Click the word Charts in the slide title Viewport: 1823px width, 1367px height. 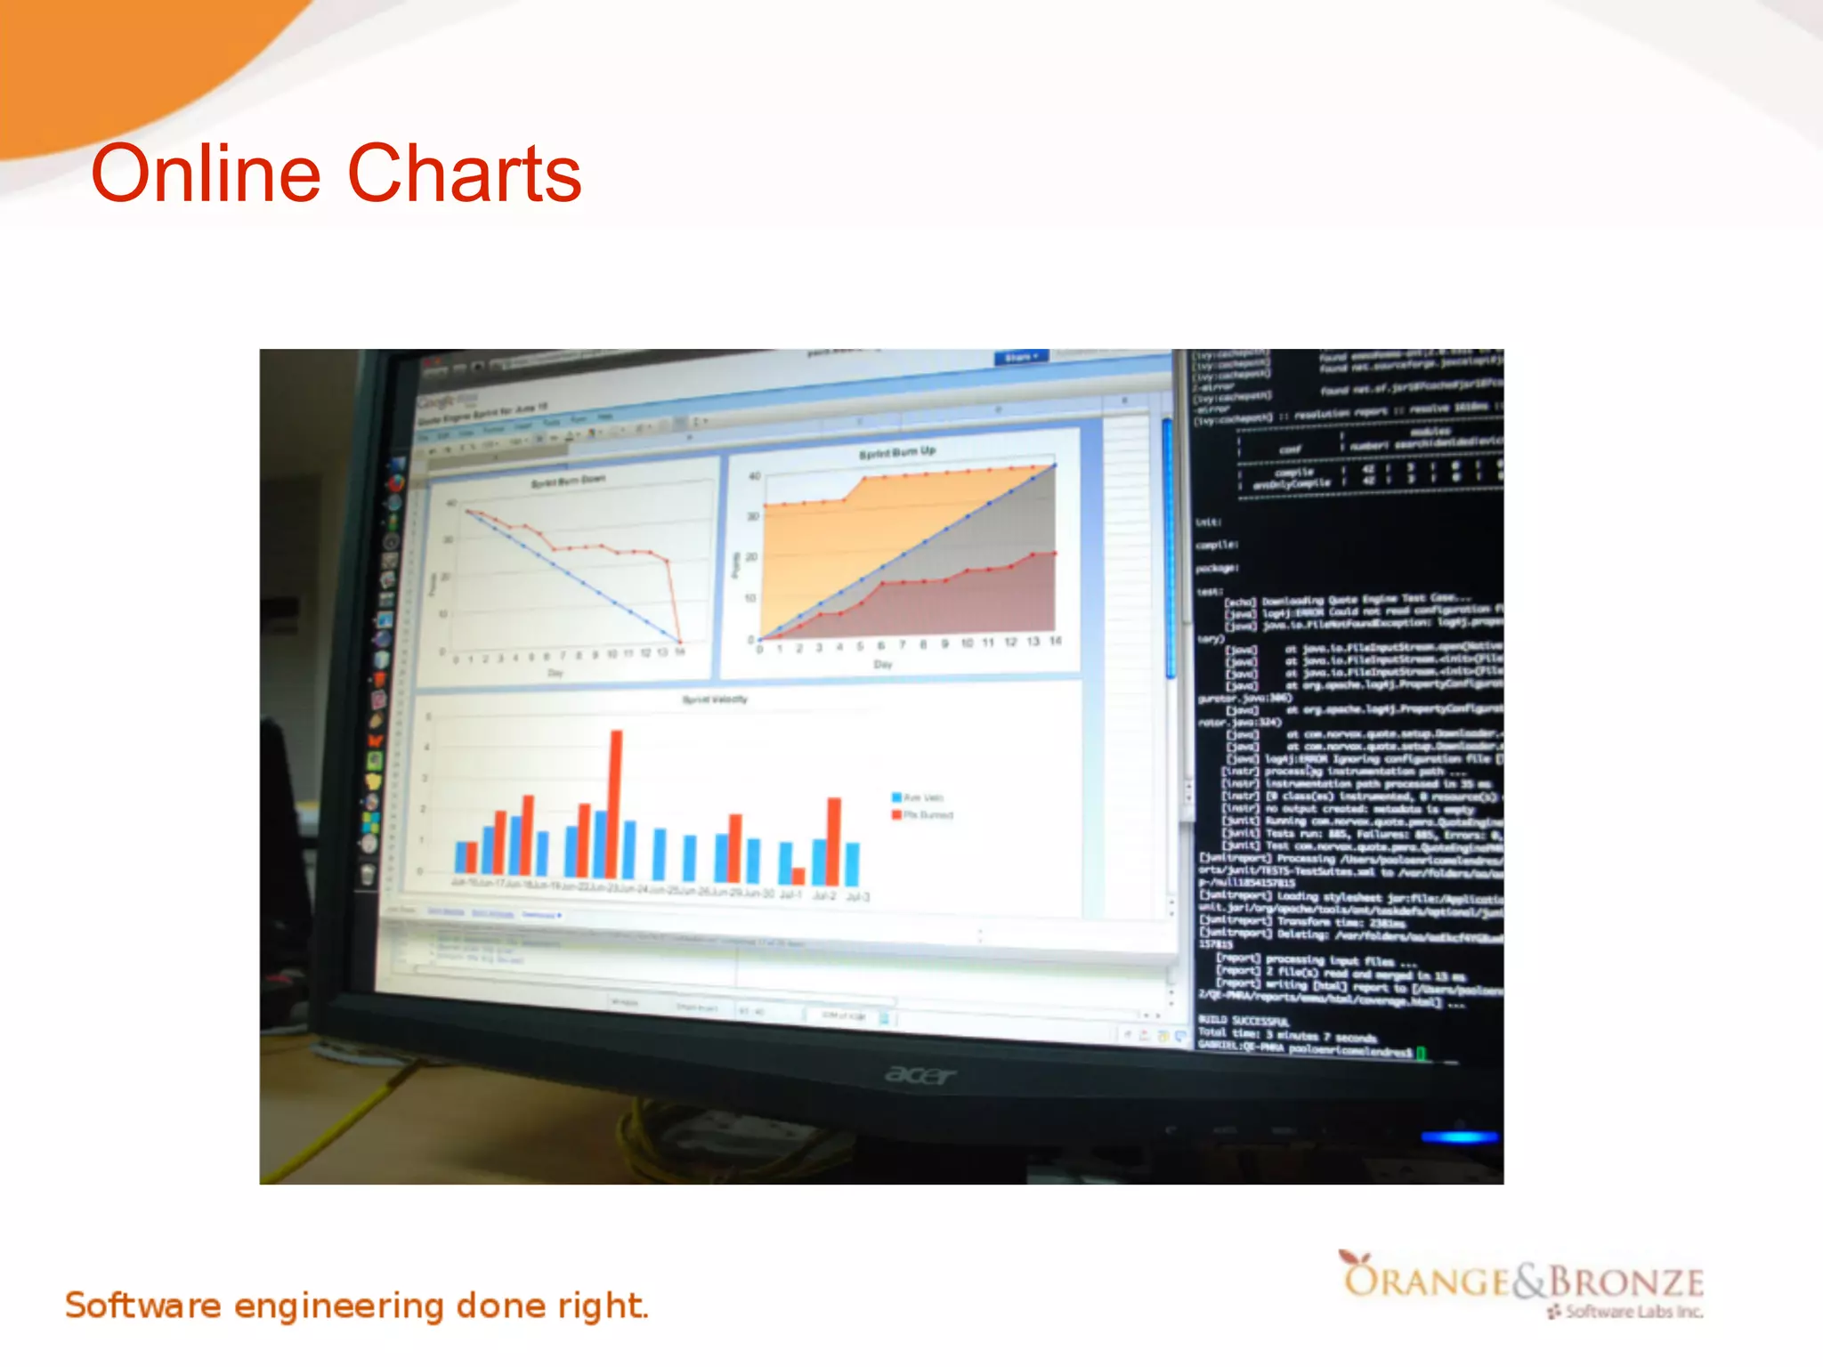tap(464, 174)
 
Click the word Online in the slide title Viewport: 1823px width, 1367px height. tap(206, 174)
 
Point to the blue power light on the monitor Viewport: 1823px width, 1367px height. tap(1460, 1136)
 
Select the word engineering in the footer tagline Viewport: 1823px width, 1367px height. tap(338, 1306)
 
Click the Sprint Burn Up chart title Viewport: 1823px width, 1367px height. tap(897, 452)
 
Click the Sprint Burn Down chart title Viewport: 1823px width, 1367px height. tap(568, 481)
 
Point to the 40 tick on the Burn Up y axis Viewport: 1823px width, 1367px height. tap(754, 476)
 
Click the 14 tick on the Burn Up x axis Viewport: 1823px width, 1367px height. tap(1056, 641)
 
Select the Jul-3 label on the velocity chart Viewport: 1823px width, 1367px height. tap(857, 896)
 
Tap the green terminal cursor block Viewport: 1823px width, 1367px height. tap(1421, 1053)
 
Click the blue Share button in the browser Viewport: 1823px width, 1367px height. tap(1021, 358)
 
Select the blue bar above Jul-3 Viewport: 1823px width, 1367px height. tap(853, 863)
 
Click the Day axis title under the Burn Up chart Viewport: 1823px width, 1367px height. tap(883, 664)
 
